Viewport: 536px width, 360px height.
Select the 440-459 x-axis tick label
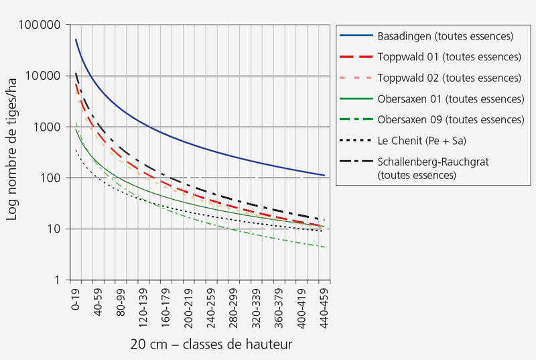(x=324, y=306)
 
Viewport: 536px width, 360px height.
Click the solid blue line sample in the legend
(x=355, y=36)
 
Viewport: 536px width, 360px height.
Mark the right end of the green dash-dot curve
(x=325, y=247)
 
